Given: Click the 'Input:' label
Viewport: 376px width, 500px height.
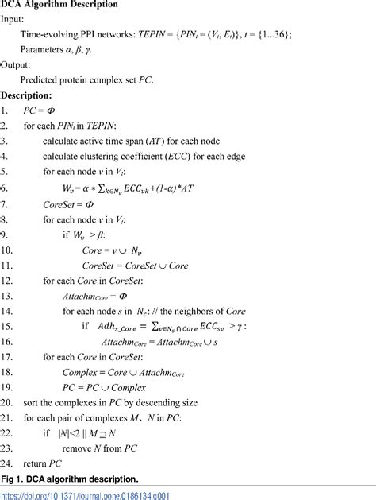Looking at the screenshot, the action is click(x=16, y=21).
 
